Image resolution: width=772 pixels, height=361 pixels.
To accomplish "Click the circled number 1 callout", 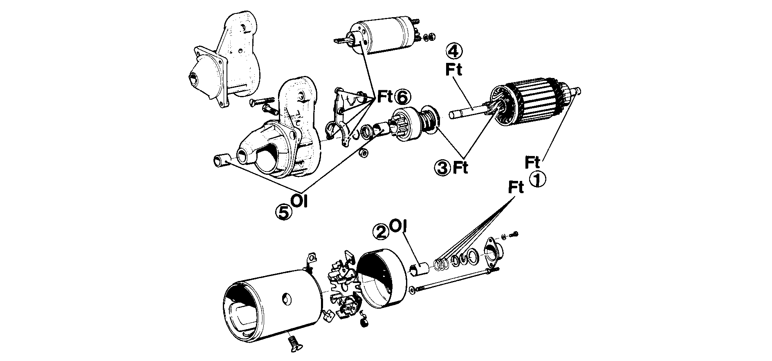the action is point(538,179).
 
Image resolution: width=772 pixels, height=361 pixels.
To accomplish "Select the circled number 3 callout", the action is point(442,167).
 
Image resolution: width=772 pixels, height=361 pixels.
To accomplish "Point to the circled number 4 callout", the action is point(455,51).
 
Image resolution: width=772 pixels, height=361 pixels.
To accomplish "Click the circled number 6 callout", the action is point(402,97).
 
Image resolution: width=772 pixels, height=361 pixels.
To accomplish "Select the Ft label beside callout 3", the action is point(460,167).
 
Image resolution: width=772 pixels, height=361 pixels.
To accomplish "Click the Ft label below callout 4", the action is point(454,70).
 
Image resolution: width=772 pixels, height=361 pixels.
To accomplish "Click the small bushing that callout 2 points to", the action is point(419,269).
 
